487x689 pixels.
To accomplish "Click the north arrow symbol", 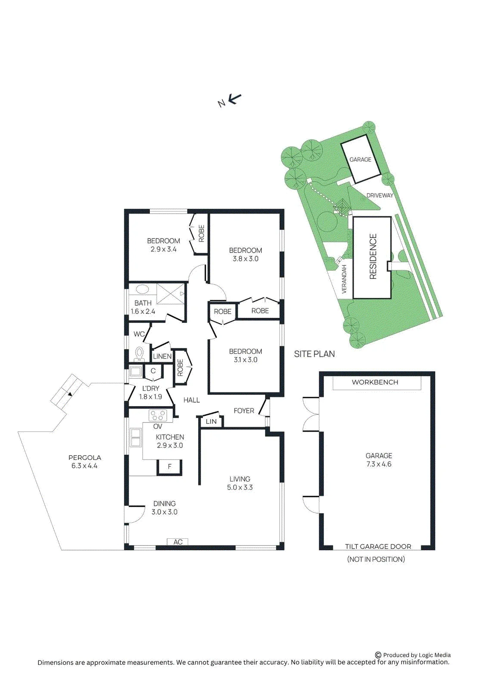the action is click(x=235, y=99).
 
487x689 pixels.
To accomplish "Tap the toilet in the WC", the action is click(x=140, y=354).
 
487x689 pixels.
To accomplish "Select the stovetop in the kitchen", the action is click(x=158, y=416).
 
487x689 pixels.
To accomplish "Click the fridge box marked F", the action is click(x=170, y=467).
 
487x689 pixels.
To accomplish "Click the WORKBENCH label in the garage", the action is click(x=375, y=382).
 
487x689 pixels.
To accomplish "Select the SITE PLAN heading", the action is click(x=314, y=354).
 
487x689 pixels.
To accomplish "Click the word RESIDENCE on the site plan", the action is click(x=373, y=257).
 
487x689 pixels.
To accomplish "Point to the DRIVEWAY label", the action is click(x=380, y=196).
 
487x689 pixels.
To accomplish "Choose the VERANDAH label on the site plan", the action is click(x=344, y=279).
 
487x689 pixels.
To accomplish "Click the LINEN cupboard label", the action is click(x=162, y=357).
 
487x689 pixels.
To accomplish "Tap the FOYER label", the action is click(x=244, y=411).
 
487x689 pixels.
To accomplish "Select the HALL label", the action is click(x=191, y=400).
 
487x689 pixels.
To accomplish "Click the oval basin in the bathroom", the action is click(x=142, y=290).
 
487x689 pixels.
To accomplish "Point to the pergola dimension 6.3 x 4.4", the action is click(x=84, y=466).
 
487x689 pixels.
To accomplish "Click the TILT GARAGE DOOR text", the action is click(x=378, y=546).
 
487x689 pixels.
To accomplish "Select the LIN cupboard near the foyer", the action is click(x=211, y=422).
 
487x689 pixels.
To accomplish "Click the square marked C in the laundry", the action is click(x=153, y=371).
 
